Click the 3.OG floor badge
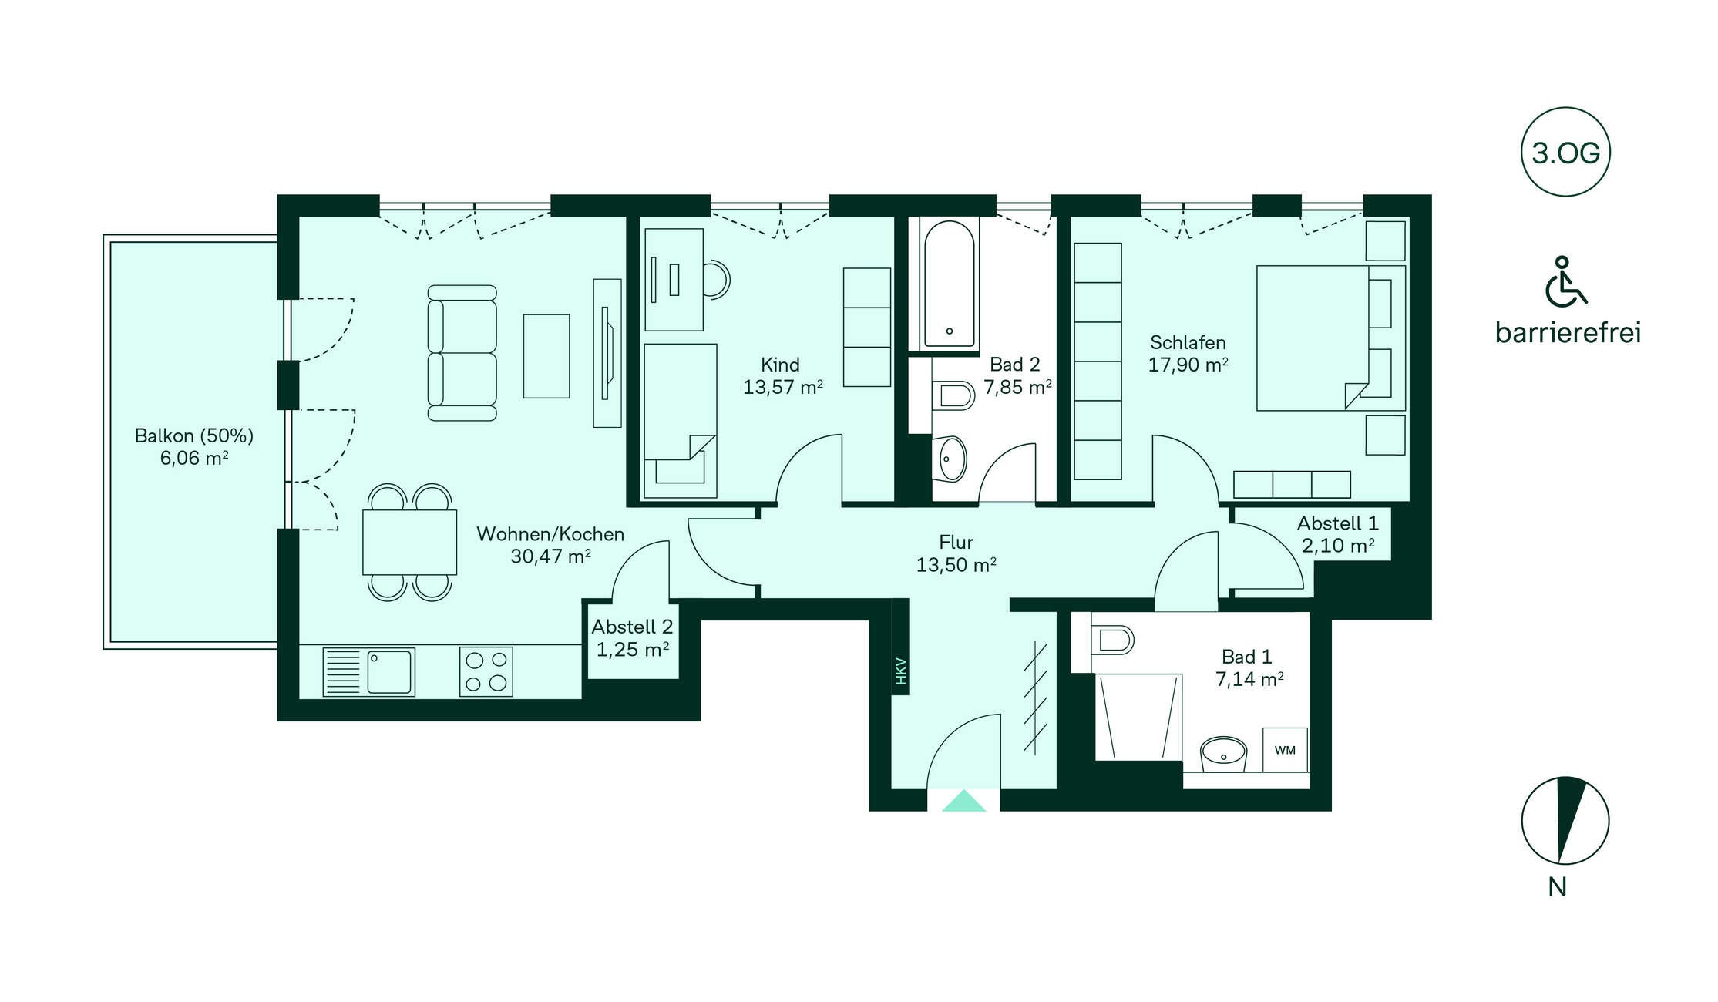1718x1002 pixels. pyautogui.click(x=1565, y=152)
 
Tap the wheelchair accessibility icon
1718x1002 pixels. pyautogui.click(x=1565, y=281)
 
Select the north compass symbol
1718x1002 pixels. pyautogui.click(x=1565, y=820)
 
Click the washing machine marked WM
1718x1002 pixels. pyautogui.click(x=1285, y=750)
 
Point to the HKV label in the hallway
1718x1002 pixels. pyautogui.click(x=901, y=671)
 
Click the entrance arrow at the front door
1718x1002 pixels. pyautogui.click(x=963, y=801)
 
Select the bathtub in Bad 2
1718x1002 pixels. pyautogui.click(x=949, y=286)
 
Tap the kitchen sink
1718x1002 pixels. pyautogui.click(x=368, y=672)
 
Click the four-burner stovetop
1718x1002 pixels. pyautogui.click(x=486, y=672)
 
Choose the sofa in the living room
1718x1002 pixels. pyautogui.click(x=462, y=353)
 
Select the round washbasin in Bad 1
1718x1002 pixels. pyautogui.click(x=1224, y=753)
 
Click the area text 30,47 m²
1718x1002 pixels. pyautogui.click(x=550, y=556)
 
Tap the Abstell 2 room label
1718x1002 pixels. pyautogui.click(x=632, y=627)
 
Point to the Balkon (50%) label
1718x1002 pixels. pyautogui.click(x=194, y=436)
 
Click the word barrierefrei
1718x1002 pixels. pyautogui.click(x=1568, y=333)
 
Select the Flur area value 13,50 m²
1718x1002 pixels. pyautogui.click(x=956, y=565)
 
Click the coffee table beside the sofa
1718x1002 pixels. pyautogui.click(x=546, y=356)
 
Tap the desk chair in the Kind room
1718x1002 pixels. pyautogui.click(x=716, y=279)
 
